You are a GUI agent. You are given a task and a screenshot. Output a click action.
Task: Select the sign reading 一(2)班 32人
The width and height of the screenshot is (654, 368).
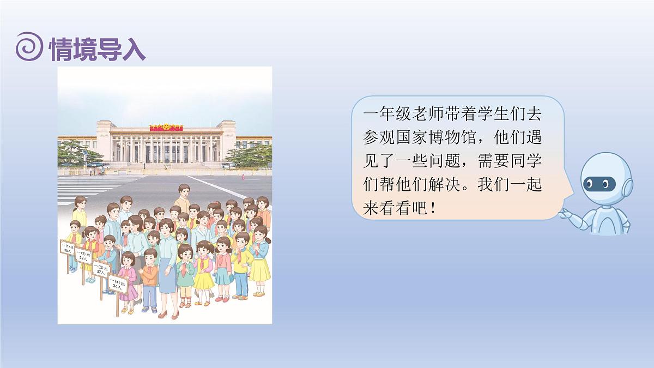coord(84,257)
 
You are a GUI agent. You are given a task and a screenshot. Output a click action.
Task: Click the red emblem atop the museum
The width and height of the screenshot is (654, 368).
coord(166,126)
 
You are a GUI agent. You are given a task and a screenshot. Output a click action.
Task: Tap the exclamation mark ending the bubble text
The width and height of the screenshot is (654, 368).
coord(433,209)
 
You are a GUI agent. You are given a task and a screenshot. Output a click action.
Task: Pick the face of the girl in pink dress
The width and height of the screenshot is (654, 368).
coord(129,260)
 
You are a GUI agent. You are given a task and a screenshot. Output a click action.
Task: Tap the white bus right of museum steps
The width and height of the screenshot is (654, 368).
coord(229,165)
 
